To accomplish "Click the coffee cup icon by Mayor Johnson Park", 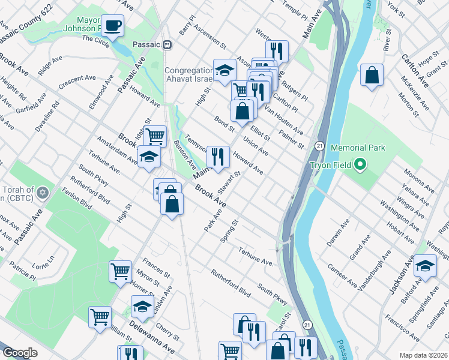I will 112,25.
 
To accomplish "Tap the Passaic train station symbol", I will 167,44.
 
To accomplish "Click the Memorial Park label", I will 357,148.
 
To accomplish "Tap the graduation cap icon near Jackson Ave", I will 425,265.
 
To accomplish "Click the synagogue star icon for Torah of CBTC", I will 41,193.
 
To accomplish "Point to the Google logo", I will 20,353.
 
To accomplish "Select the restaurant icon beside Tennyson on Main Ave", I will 218,157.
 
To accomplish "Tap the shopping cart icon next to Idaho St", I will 155,136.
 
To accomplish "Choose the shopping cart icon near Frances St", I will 120,271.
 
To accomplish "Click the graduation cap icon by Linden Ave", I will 142,306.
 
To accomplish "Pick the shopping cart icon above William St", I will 100,316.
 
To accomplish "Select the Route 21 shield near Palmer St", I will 320,146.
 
